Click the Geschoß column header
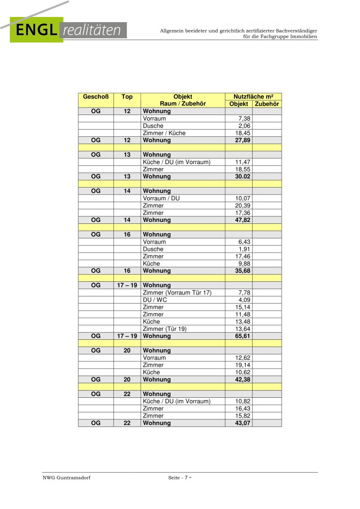tap(96, 97)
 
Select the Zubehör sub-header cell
tap(267, 104)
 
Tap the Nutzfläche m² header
tap(253, 97)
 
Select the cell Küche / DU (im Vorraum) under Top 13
tap(177, 162)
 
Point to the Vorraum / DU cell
tap(161, 198)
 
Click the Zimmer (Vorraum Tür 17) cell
tap(177, 293)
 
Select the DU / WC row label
tap(155, 300)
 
